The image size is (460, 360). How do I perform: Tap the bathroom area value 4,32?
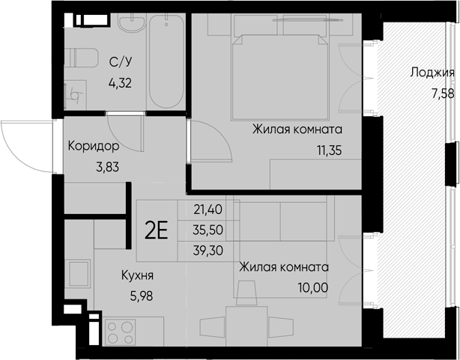pyautogui.click(x=121, y=83)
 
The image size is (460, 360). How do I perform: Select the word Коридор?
pyautogui.click(x=94, y=146)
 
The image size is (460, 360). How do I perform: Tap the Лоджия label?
pyautogui.click(x=433, y=73)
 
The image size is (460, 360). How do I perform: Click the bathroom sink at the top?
pyautogui.click(x=133, y=26)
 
